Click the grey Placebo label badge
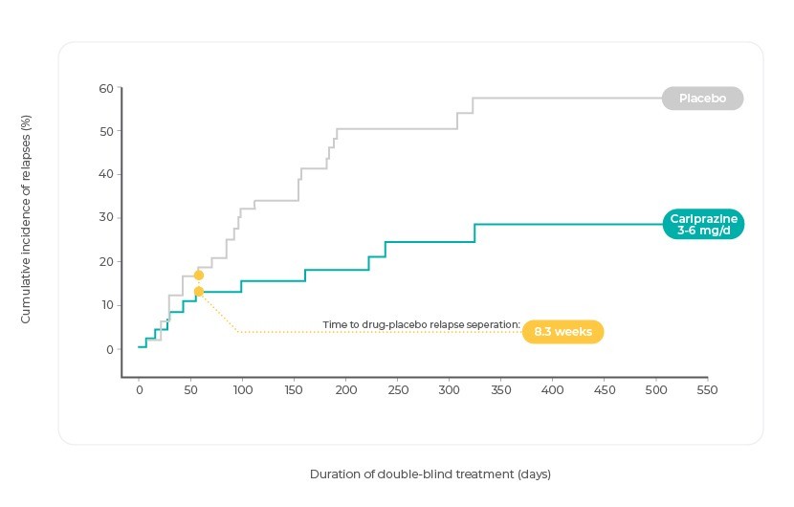[x=702, y=99]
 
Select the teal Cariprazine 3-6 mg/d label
[x=702, y=224]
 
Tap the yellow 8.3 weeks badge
[x=562, y=332]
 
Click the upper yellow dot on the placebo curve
[x=198, y=276]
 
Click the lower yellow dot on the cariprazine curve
[x=198, y=292]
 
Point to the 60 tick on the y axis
[x=105, y=89]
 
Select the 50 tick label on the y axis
[x=105, y=132]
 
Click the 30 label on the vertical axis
[x=105, y=218]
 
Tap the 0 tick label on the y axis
[x=109, y=349]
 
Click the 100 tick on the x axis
[x=242, y=390]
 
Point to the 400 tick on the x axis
[x=552, y=390]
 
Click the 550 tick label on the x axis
[x=707, y=390]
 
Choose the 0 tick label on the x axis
[x=139, y=390]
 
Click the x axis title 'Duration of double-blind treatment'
[x=430, y=474]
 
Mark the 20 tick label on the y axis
[x=105, y=262]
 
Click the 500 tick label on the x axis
[x=655, y=390]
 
